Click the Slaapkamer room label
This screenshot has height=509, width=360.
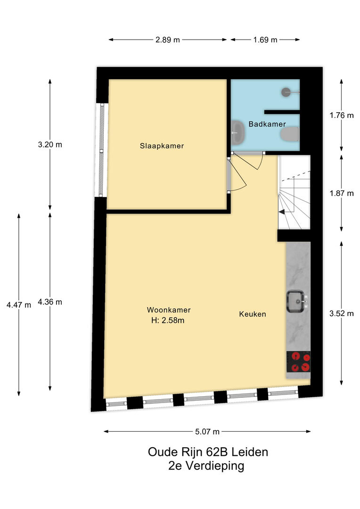tap(162, 146)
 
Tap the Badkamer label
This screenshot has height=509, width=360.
tap(267, 124)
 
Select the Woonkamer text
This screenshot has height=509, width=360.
tap(169, 310)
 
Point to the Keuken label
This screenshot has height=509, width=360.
tap(253, 314)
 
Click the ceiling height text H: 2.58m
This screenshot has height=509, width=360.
tap(168, 321)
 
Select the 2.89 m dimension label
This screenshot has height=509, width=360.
tap(167, 40)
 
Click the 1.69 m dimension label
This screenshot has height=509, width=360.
tap(265, 40)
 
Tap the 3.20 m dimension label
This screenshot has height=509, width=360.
tap(50, 145)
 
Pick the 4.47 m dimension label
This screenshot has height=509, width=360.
tap(19, 305)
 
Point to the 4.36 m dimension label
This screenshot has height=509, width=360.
tap(50, 302)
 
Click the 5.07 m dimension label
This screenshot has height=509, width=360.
tap(207, 432)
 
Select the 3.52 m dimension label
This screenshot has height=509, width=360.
tap(342, 313)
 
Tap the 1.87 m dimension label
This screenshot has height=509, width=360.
tap(342, 194)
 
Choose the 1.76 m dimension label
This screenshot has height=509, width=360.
tap(342, 115)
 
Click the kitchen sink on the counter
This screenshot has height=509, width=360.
tap(296, 301)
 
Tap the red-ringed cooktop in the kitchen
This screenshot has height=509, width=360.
tap(298, 362)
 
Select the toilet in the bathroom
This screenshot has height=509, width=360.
tap(290, 134)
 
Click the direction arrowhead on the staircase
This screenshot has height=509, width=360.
tap(282, 212)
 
